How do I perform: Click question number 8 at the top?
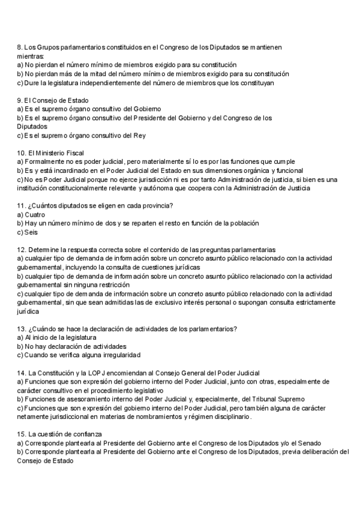[x=20, y=47]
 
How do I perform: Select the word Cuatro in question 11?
[x=35, y=214]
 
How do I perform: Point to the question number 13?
[x=21, y=328]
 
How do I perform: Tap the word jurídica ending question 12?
[x=28, y=312]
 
